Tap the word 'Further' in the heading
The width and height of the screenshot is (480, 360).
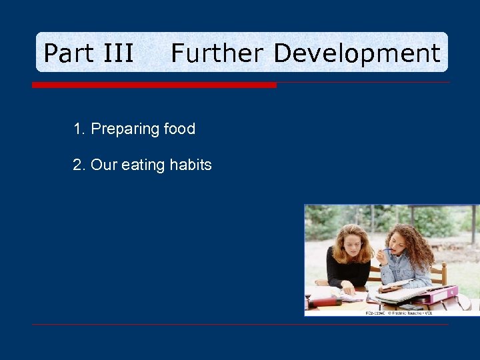[x=217, y=53]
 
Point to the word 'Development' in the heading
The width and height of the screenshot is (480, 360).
[x=357, y=53]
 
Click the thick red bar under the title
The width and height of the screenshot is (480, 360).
[x=154, y=85]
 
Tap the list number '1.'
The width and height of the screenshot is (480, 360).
[x=80, y=129]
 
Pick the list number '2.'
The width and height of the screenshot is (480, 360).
[x=80, y=165]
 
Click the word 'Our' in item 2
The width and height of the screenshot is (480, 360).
[x=104, y=165]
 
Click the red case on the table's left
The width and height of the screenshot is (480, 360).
[x=325, y=301]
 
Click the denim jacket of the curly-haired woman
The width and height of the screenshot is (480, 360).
[x=407, y=270]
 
